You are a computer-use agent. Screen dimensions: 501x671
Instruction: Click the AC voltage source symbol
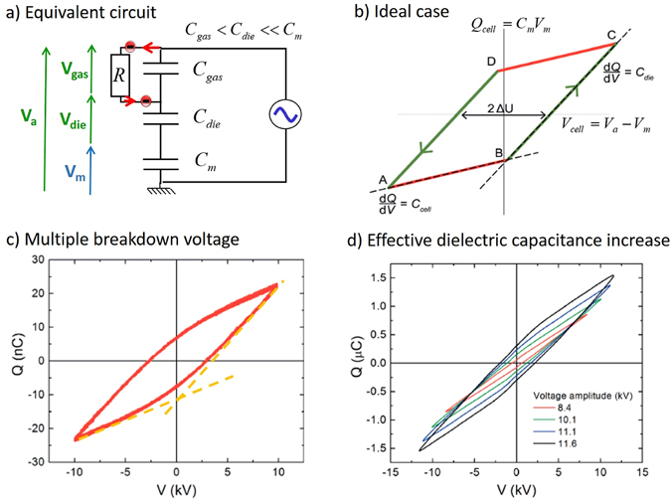point(283,117)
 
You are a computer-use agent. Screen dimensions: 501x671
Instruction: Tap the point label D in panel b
point(491,62)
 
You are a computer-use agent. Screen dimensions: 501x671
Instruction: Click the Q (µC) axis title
point(361,360)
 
